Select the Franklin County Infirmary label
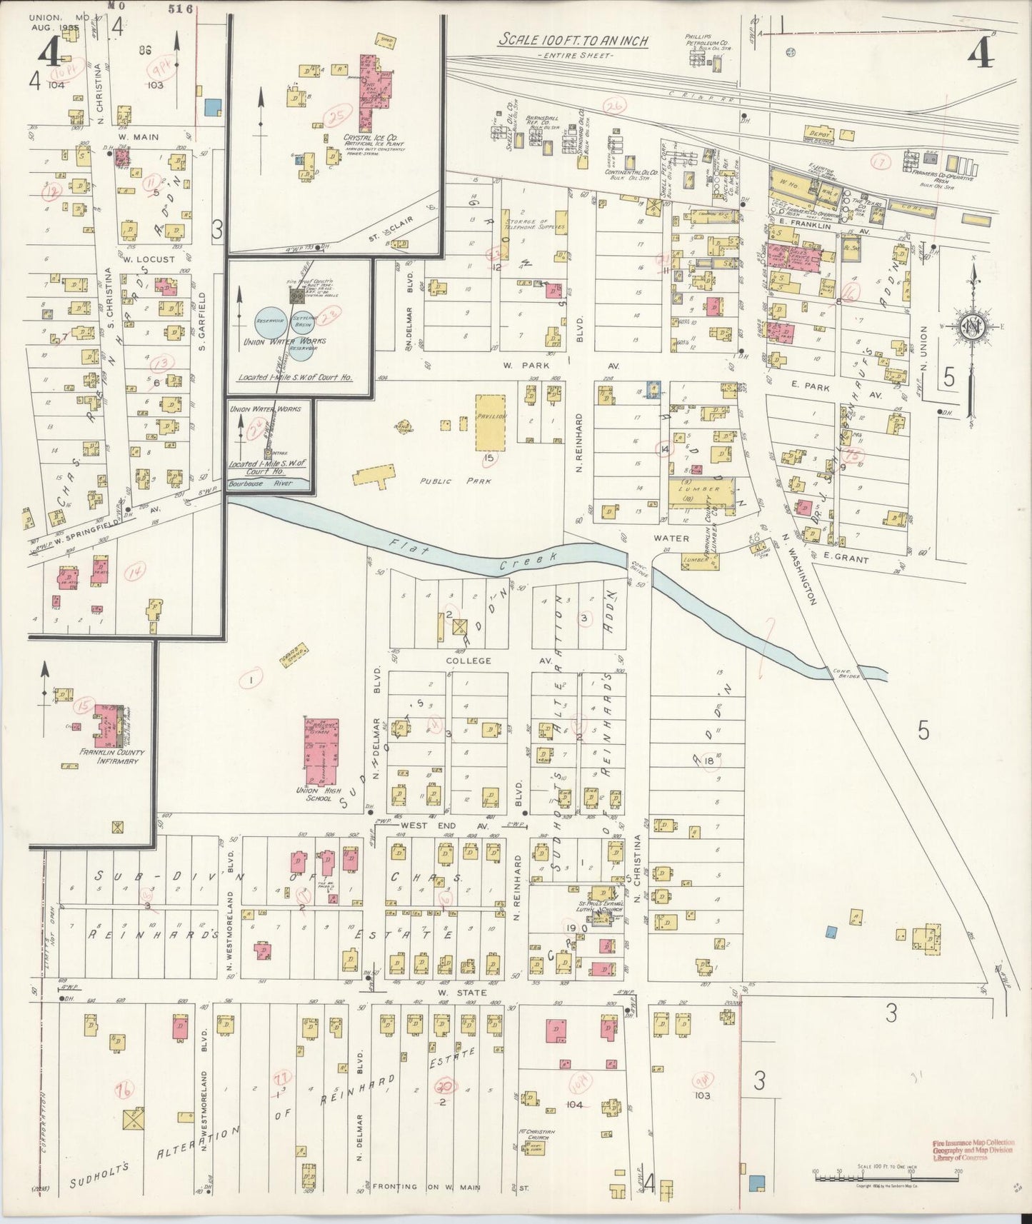pyautogui.click(x=109, y=756)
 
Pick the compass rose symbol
pyautogui.click(x=972, y=328)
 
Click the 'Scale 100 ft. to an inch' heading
pyautogui.click(x=573, y=41)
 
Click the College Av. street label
pyautogui.click(x=469, y=661)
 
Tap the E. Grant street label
pyautogui.click(x=846, y=559)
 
